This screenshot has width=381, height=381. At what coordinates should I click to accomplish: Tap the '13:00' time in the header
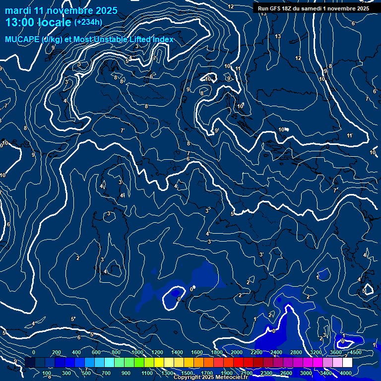[20, 22]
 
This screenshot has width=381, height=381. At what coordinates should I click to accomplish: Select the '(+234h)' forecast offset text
[88, 22]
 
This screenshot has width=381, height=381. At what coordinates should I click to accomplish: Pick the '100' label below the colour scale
[47, 373]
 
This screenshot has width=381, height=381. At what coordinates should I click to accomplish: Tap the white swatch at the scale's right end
[347, 363]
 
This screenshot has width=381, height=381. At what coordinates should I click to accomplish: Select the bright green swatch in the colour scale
[139, 363]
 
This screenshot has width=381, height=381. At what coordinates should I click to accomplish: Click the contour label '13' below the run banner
[278, 36]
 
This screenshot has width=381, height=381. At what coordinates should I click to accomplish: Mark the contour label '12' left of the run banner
[231, 6]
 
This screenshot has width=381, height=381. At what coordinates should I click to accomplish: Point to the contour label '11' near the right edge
[349, 135]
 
